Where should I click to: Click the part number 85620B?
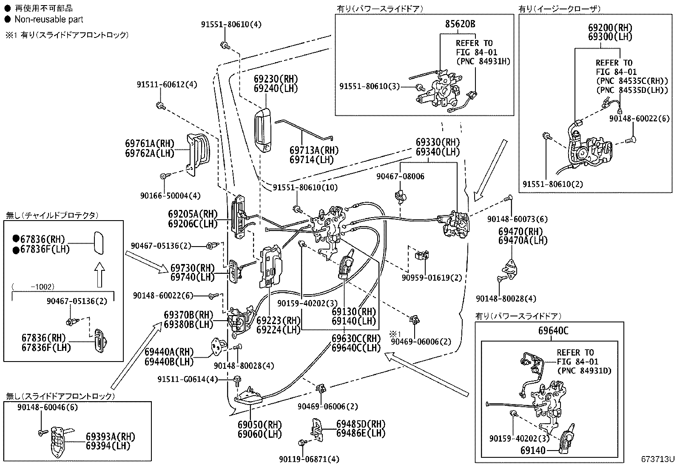pyautogui.click(x=460, y=24)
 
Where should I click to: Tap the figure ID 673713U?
pyautogui.click(x=658, y=459)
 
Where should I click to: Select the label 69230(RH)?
pyautogui.click(x=276, y=79)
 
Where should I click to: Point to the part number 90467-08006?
pyautogui.click(x=400, y=176)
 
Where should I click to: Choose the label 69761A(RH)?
pyautogui.click(x=150, y=144)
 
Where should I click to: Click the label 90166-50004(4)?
pyautogui.click(x=171, y=196)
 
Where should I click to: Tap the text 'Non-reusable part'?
pyautogui.click(x=48, y=19)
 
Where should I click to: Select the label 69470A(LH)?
pyautogui.click(x=523, y=241)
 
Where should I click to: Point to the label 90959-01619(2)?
pyautogui.click(x=432, y=278)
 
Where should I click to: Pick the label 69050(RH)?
pyautogui.click(x=260, y=425)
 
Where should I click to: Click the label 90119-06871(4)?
pyautogui.click(x=309, y=459)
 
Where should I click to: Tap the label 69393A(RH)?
pyautogui.click(x=110, y=436)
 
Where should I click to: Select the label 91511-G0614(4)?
pyautogui.click(x=188, y=379)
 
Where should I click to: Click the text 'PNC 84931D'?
pyautogui.click(x=584, y=370)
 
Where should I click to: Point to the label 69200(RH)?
pyautogui.click(x=610, y=28)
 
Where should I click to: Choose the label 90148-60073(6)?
pyautogui.click(x=518, y=219)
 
